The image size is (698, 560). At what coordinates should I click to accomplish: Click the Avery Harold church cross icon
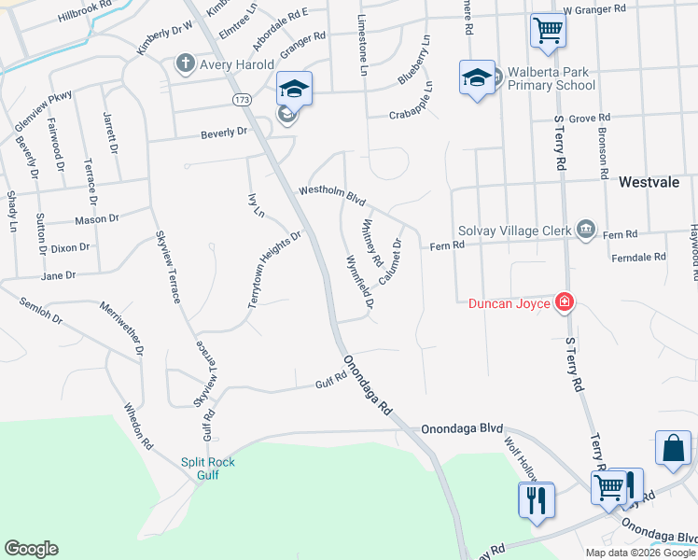pyautogui.click(x=185, y=64)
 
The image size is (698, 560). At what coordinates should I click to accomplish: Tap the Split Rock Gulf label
pyautogui.click(x=207, y=468)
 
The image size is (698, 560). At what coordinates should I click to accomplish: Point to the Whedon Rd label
pyautogui.click(x=138, y=426)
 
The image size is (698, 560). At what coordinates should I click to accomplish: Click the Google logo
pyautogui.click(x=31, y=549)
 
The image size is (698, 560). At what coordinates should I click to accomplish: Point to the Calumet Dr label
pyautogui.click(x=390, y=262)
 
